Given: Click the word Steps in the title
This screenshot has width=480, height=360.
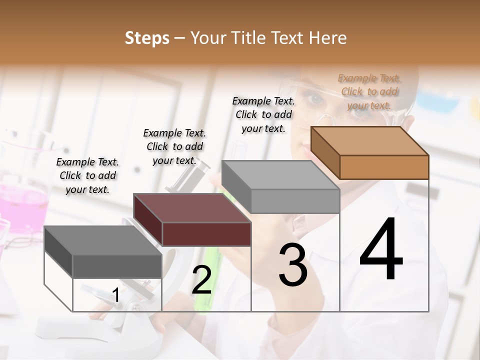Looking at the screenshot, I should [x=147, y=38].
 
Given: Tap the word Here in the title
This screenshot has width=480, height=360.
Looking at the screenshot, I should [x=328, y=38].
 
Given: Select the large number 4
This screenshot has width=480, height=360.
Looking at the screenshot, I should [x=381, y=251].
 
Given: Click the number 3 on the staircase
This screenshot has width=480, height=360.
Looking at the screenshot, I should [x=293, y=265].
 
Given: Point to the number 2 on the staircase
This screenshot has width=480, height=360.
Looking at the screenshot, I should [x=201, y=280].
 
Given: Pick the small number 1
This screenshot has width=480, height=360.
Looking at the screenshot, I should [x=116, y=295].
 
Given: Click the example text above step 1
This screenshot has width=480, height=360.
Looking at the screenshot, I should [x=87, y=175].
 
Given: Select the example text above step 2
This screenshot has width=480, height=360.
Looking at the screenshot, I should [x=174, y=146].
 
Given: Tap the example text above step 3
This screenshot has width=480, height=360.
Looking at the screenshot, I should [x=263, y=114].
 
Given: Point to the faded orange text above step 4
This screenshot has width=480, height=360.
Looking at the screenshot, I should [x=369, y=91].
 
